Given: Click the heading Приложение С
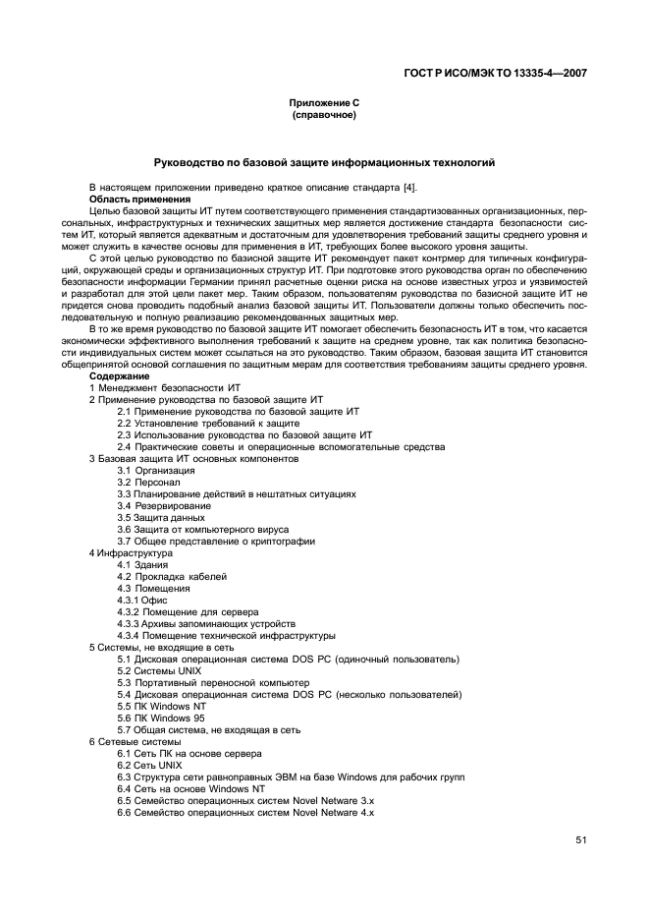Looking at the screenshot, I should pyautogui.click(x=324, y=103).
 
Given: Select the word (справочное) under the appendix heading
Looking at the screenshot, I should pyautogui.click(x=324, y=115).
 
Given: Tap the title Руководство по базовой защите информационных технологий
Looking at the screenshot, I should pyautogui.click(x=324, y=162).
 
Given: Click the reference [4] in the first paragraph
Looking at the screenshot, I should pyautogui.click(x=390, y=187).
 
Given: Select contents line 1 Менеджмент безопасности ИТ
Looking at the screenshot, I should pyautogui.click(x=165, y=388).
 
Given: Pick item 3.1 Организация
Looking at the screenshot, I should pyautogui.click(x=156, y=470).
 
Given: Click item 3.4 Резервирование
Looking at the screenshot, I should pyautogui.click(x=162, y=505).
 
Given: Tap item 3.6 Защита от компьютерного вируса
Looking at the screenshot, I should pyautogui.click(x=207, y=529).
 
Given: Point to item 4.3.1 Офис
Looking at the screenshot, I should pyautogui.click(x=142, y=600).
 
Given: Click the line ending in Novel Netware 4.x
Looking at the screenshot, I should pyautogui.click(x=245, y=812).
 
